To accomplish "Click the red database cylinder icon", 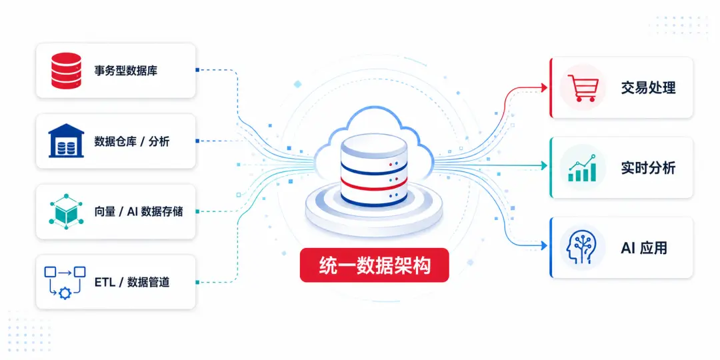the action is (66, 70).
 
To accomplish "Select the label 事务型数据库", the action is (126, 71).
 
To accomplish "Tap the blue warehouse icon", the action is (66, 141).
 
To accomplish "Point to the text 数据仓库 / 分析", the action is (132, 141).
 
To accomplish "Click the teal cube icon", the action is (66, 211).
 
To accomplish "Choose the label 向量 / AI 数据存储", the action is (139, 212).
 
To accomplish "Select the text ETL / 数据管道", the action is (132, 282).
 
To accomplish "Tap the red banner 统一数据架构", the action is (374, 265).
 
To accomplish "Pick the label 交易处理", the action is (649, 88).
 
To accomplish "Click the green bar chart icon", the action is (582, 168).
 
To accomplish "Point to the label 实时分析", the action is (649, 168).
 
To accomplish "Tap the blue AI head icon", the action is (581, 247).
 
